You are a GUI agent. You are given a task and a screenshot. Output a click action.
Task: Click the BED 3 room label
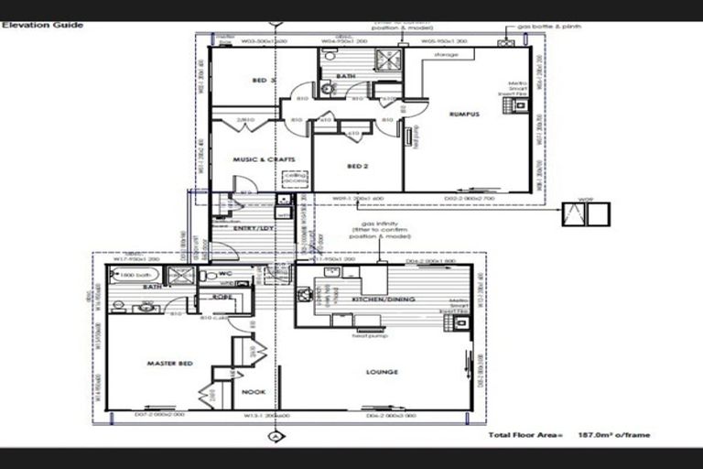[x=265, y=81]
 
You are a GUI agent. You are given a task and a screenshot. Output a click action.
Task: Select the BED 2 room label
[x=357, y=166]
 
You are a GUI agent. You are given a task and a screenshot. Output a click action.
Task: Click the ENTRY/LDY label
[x=254, y=227]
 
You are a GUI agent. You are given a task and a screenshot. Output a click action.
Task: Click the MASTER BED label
[x=169, y=364]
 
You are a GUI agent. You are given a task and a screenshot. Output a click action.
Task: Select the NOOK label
[x=254, y=392]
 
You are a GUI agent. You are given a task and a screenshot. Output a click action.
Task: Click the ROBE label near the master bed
[x=222, y=297]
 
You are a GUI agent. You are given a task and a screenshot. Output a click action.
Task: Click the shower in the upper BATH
[x=390, y=60]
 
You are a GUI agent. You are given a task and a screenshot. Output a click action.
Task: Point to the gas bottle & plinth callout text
[x=549, y=27]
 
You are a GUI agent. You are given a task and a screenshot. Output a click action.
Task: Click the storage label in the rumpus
[x=446, y=54]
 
